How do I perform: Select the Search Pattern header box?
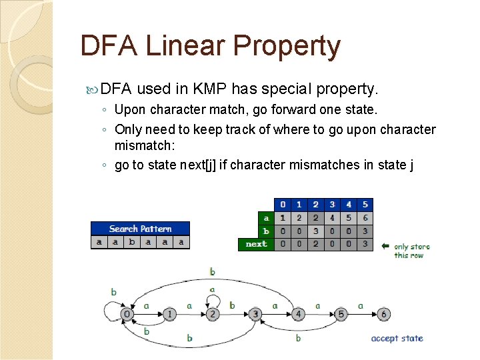[140, 229]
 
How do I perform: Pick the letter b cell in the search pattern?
[131, 242]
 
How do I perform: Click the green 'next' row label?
[256, 244]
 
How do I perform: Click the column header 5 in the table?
[365, 205]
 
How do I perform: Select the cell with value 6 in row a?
[365, 218]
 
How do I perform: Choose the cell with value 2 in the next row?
[315, 244]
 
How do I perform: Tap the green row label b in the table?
[266, 231]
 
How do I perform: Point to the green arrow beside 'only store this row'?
[385, 246]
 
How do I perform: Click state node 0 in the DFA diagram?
[127, 314]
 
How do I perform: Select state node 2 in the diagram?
[212, 314]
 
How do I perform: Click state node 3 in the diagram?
[255, 314]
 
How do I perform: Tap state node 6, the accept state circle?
[383, 314]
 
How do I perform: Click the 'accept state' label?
[397, 338]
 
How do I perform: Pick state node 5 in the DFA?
[340, 314]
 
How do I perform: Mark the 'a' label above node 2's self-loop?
[212, 290]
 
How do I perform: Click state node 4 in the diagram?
[297, 314]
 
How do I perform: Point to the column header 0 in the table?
[283, 205]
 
